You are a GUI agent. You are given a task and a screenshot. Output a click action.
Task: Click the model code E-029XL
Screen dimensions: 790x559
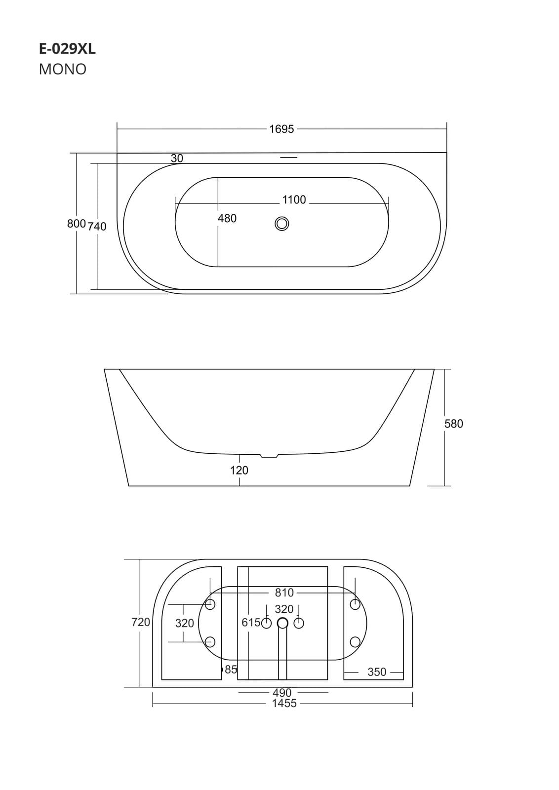(x=67, y=49)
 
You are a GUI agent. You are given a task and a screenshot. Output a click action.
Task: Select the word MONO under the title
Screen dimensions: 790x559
(x=63, y=69)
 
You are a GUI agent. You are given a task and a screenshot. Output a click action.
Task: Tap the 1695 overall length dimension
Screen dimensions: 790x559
(x=281, y=129)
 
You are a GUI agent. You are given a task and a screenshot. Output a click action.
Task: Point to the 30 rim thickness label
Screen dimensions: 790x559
(x=177, y=158)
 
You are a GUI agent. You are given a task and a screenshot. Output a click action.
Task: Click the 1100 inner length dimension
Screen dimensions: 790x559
(x=294, y=200)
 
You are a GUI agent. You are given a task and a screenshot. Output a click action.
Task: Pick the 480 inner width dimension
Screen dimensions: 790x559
(x=227, y=218)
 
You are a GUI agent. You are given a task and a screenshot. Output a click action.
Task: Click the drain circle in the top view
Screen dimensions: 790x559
(x=282, y=224)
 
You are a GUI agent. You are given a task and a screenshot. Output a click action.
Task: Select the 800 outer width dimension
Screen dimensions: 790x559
(x=77, y=224)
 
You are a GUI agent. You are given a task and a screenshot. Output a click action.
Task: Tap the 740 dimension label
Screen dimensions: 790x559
(x=97, y=227)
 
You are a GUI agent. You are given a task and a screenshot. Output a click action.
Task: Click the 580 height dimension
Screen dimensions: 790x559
(x=453, y=424)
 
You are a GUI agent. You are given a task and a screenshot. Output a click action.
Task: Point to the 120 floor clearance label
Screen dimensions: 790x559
(x=239, y=471)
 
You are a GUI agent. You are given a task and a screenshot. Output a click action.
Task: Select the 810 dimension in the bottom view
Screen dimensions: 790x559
(x=284, y=592)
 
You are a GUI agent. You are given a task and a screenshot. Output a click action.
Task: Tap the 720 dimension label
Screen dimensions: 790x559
(x=141, y=622)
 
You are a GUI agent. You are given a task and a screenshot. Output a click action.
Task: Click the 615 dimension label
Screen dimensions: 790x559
(x=251, y=623)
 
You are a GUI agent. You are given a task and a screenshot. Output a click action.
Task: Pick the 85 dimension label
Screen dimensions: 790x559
(x=231, y=670)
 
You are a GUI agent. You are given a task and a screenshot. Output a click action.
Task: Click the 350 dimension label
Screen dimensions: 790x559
(x=377, y=672)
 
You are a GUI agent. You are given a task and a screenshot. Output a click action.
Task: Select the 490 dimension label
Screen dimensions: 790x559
(x=282, y=693)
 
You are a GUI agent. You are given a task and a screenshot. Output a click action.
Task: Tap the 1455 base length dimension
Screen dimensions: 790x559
(x=284, y=703)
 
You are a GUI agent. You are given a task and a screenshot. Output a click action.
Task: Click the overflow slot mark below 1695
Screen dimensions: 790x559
(x=288, y=158)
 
